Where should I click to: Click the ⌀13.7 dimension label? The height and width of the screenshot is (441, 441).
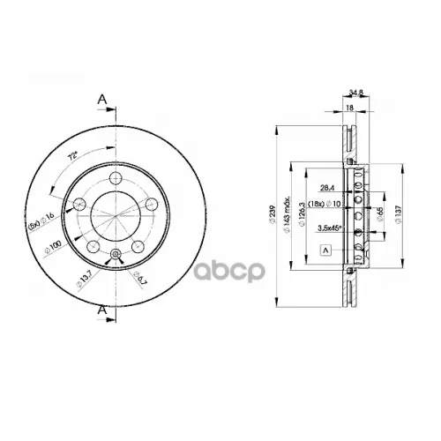coord(85,281)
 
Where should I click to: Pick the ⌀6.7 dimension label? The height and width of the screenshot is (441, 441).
coord(139,280)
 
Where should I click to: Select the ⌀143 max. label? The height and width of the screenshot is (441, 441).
coord(288,215)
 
